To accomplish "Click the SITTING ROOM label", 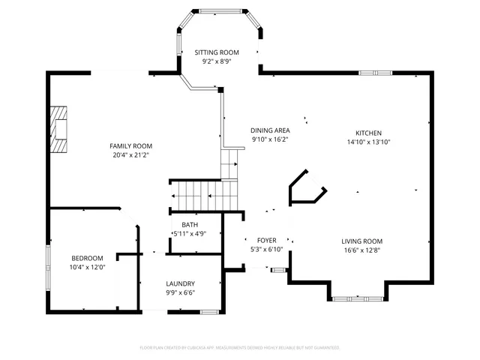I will (x=217, y=52).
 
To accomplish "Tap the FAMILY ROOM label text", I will (x=131, y=145).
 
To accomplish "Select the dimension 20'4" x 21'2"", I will (x=131, y=155).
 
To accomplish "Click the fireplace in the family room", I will (x=58, y=129).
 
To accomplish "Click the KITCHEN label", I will (x=369, y=132).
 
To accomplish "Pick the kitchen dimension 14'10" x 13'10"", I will (x=369, y=141).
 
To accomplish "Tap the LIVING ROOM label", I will (x=361, y=241).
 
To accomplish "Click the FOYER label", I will (x=267, y=240).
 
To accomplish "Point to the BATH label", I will (x=189, y=224).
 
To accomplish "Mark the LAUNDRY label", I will (x=180, y=283).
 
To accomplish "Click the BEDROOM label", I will (x=87, y=258).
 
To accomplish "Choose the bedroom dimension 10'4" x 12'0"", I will (x=87, y=267).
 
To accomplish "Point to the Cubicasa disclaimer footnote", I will (x=240, y=348).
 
